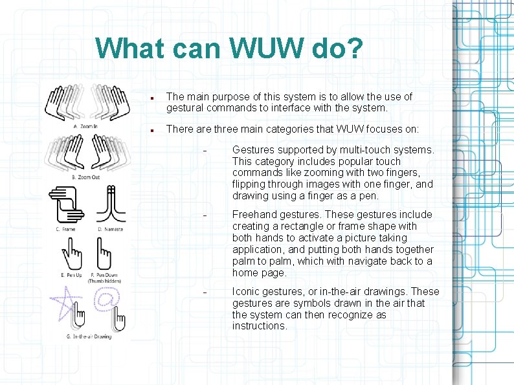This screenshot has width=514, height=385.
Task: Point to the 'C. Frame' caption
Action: (x=65, y=228)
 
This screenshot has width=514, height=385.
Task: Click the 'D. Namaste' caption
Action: (x=110, y=228)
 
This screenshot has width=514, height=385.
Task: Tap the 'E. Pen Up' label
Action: (x=71, y=275)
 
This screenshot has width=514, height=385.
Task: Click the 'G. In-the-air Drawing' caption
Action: (x=89, y=336)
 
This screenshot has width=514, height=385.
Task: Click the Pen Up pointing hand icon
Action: (x=71, y=253)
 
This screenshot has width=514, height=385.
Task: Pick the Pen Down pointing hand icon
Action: (x=104, y=253)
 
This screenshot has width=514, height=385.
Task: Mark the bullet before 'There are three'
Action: (x=150, y=130)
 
